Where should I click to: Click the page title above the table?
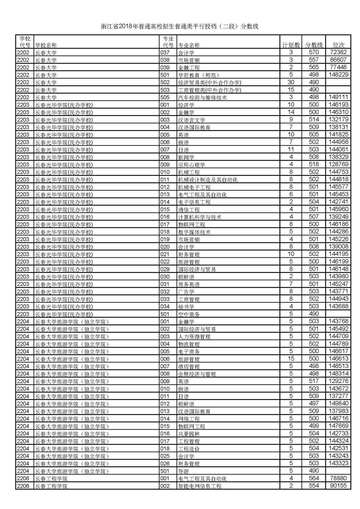pyautogui.click(x=180, y=27)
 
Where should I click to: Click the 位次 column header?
pyautogui.click(x=338, y=45)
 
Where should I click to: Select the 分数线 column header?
pyautogui.click(x=314, y=45)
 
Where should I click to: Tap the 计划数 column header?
pyautogui.click(x=291, y=45)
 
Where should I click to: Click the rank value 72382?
pyautogui.click(x=338, y=52)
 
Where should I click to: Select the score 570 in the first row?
pyautogui.click(x=314, y=52)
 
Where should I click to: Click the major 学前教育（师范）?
pyautogui.click(x=199, y=75)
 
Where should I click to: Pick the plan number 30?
pyautogui.click(x=291, y=82)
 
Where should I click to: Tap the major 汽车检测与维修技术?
pyautogui.click(x=202, y=97)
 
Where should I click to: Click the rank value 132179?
pyautogui.click(x=338, y=120)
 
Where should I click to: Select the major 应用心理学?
pyautogui.click(x=192, y=165)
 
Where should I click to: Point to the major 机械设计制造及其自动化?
pyautogui.click(x=208, y=180)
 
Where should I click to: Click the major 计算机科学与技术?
pyautogui.click(x=200, y=217)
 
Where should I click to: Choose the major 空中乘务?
pyautogui.click(x=189, y=314)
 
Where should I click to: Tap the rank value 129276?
pyautogui.click(x=338, y=381)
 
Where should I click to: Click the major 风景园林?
pyautogui.click(x=189, y=434)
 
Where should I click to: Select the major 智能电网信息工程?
pyautogui.click(x=200, y=486)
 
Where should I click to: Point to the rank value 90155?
pyautogui.click(x=338, y=486)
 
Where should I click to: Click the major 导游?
pyautogui.click(x=184, y=471)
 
